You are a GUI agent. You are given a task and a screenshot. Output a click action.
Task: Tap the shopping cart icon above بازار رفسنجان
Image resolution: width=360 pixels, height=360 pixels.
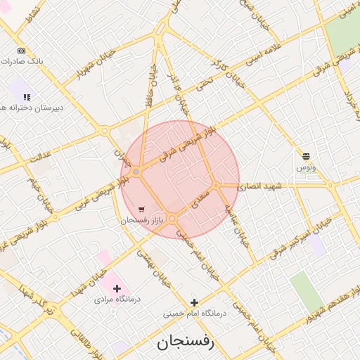click(x=143, y=210)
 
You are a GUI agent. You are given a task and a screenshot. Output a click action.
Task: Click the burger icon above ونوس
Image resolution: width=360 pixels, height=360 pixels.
click(x=306, y=156)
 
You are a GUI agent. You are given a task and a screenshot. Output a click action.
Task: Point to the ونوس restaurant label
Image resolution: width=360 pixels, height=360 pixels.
click(x=306, y=167)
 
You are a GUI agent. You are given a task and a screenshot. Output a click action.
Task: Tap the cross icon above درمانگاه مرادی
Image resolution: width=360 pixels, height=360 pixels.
click(x=117, y=288)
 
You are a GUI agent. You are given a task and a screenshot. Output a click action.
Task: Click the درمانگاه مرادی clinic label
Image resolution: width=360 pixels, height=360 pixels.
click(x=117, y=299)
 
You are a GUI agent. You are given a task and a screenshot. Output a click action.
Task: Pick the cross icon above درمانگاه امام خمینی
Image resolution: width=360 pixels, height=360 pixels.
click(x=195, y=303)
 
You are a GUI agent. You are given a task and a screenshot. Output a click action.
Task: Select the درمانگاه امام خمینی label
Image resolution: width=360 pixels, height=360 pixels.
click(x=195, y=314)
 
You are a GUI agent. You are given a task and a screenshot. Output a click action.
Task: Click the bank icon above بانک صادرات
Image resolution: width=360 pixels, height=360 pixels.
click(x=21, y=51)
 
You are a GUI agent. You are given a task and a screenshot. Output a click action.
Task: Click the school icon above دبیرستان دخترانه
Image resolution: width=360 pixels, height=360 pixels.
click(x=27, y=97)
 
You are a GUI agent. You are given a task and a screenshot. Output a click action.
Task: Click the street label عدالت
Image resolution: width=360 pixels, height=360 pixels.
click(x=40, y=155)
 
